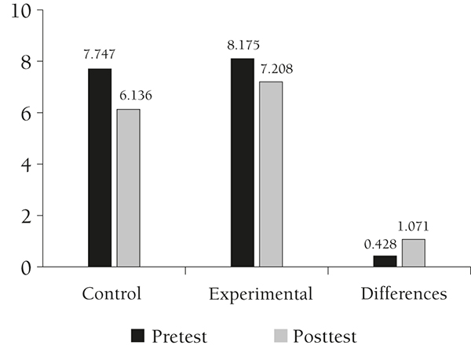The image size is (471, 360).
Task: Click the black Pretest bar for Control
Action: [x=100, y=168]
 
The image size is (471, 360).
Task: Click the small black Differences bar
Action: [x=385, y=261]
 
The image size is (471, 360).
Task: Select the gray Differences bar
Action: [x=414, y=253]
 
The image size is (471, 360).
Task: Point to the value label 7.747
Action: [x=99, y=56]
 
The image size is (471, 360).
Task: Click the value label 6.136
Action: [x=134, y=96]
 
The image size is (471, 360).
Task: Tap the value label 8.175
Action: [x=243, y=45]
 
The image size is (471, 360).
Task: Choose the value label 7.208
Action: [x=278, y=69]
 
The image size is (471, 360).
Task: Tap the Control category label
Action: [x=111, y=295]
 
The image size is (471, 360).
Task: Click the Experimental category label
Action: [x=261, y=295]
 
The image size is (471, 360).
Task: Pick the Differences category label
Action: [x=405, y=295]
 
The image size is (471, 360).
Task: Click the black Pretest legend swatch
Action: [x=139, y=336]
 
